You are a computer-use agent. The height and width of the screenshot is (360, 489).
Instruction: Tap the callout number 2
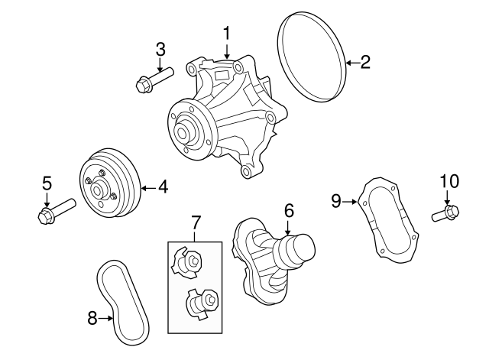tap(364, 63)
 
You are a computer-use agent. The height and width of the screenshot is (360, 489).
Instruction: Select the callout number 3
tap(160, 49)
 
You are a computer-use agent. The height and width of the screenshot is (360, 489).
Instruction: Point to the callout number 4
tap(162, 186)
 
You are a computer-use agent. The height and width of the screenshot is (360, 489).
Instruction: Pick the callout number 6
tap(288, 209)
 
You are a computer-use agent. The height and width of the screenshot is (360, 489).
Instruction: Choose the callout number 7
tap(196, 222)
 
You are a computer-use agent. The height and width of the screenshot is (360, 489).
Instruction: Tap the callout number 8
tap(92, 318)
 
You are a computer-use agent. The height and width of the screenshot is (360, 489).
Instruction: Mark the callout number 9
tap(335, 201)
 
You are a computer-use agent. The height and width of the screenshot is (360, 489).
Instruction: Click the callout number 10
tap(449, 181)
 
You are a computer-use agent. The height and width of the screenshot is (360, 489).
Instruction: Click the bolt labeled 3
tap(154, 77)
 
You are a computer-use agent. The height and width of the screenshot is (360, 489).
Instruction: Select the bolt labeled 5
tap(55, 211)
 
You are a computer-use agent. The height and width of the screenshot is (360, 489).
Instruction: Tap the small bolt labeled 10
tap(445, 212)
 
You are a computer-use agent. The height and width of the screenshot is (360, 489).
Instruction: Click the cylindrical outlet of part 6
tap(299, 250)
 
